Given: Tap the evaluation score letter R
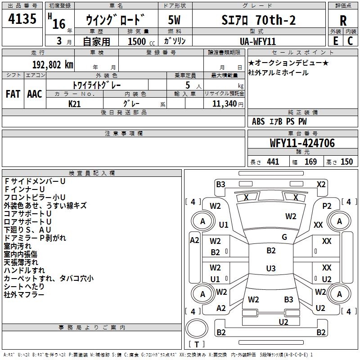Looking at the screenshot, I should point(343,20).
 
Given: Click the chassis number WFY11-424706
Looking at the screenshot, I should point(302,143).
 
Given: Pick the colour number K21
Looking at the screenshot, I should point(75,103).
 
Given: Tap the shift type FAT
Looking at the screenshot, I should point(13,94).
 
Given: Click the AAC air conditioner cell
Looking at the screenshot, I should point(35,94).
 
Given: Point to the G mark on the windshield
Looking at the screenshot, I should point(284,237).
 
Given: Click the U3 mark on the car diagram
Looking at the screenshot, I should point(270,269).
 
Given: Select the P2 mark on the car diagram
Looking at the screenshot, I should point(327,206).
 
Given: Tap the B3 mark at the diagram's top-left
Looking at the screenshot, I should point(220,184).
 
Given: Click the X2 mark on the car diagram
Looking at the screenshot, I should point(321,184).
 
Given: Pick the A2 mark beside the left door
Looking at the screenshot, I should point(194,240).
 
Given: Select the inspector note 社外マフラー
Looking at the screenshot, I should point(24,295).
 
